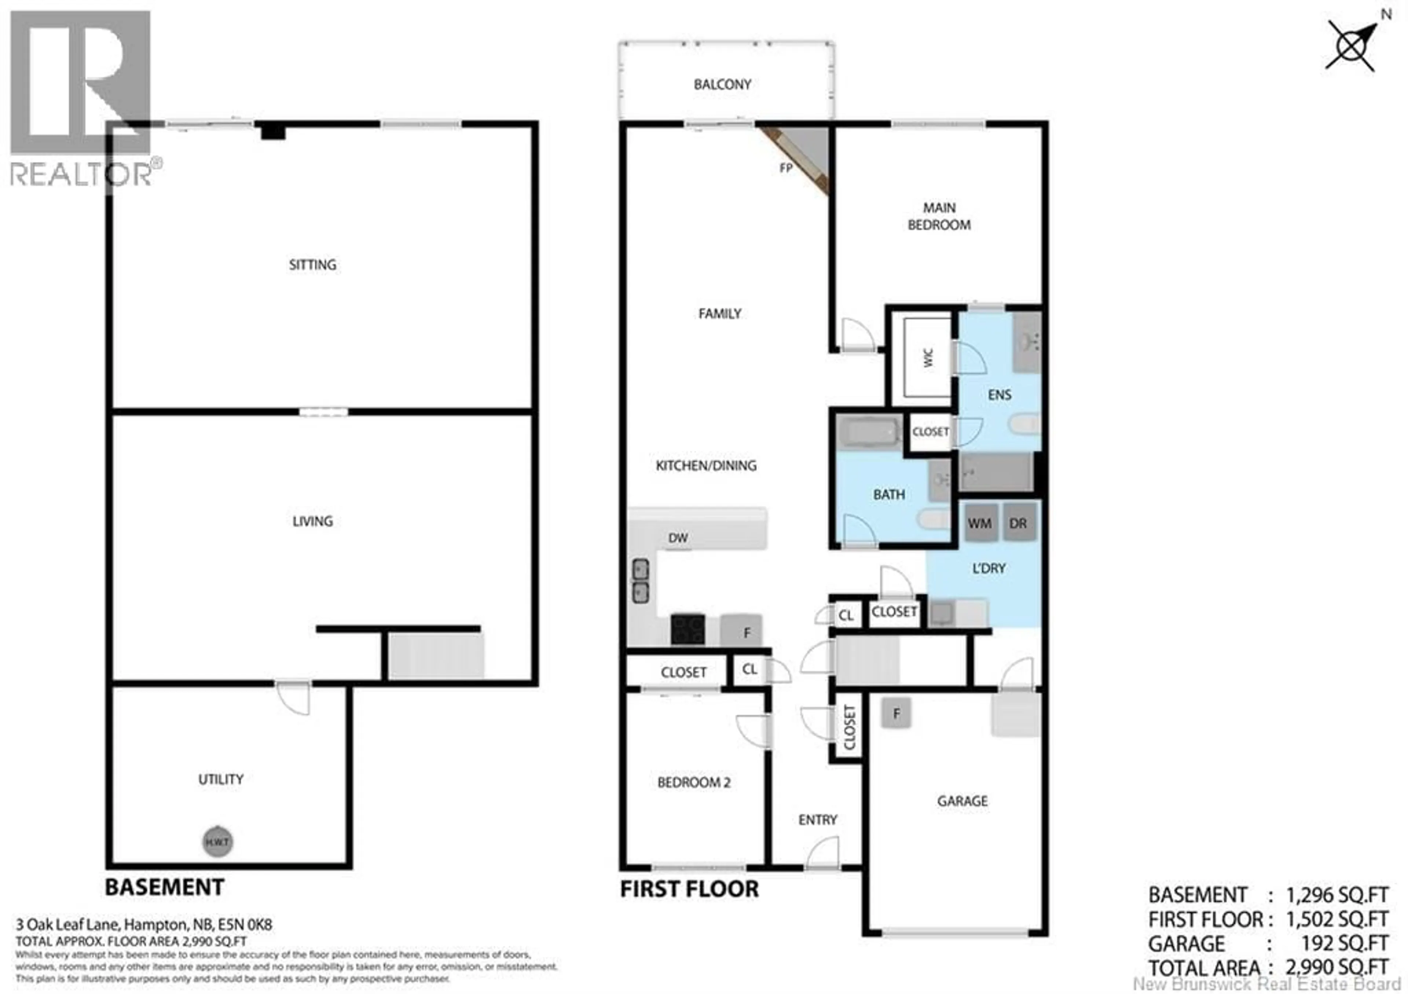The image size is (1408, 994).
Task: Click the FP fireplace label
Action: point(785,168)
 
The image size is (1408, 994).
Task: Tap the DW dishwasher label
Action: point(678,538)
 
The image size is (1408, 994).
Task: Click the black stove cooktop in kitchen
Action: point(687,629)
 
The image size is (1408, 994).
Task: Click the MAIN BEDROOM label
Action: point(939,216)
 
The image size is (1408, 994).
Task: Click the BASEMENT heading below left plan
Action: point(164,887)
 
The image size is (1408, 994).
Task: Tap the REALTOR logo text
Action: point(81,174)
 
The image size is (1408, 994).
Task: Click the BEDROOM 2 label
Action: point(694,782)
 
